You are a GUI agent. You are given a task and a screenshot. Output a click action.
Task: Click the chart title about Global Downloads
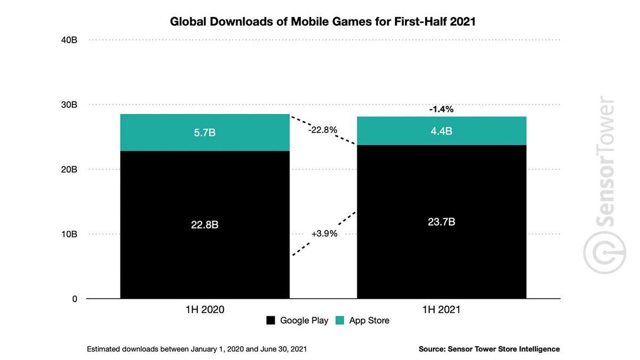point(323,21)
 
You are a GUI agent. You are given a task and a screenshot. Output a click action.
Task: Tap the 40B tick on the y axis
point(69,40)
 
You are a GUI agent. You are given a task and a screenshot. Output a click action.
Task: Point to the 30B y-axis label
point(69,105)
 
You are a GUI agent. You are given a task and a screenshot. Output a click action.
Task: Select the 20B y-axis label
point(69,170)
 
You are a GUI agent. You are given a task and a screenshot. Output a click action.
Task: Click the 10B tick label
point(69,234)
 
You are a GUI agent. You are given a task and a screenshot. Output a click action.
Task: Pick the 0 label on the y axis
point(75,299)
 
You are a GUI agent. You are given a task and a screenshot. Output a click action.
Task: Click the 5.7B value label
point(205,133)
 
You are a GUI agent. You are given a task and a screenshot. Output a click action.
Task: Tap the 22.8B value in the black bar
point(205,225)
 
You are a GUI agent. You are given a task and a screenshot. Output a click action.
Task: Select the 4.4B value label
point(441,131)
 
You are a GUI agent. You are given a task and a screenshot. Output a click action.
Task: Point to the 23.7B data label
point(441,222)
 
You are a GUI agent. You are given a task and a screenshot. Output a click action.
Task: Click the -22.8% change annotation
point(323,130)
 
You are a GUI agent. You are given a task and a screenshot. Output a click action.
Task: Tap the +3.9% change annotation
point(324,234)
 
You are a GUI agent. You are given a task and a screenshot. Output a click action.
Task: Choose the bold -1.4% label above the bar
point(441,109)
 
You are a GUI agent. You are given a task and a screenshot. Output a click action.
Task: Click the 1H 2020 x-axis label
point(205,310)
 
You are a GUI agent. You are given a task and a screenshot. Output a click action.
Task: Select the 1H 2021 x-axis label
point(441,310)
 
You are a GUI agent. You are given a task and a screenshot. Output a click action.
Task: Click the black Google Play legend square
point(271,321)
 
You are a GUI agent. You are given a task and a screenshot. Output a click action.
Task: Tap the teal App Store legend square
point(340,321)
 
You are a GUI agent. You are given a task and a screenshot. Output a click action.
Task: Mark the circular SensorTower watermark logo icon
point(604,253)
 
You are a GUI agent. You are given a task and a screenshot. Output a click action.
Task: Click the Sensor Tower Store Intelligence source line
point(489,349)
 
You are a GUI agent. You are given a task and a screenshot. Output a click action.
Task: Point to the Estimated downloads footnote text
point(197,349)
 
